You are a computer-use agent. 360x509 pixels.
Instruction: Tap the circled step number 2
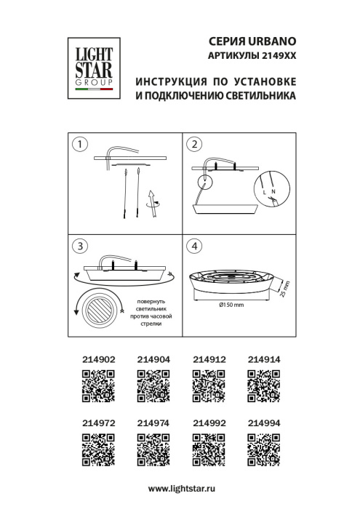(193, 144)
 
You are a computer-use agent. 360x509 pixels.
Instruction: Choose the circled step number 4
(193, 246)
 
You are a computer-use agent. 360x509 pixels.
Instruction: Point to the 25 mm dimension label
(284, 289)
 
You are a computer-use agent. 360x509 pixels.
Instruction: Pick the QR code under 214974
(153, 448)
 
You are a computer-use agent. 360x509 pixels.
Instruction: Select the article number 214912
(208, 359)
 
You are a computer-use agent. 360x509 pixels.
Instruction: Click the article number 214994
(263, 422)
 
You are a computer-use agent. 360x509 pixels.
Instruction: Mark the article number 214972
(97, 422)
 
